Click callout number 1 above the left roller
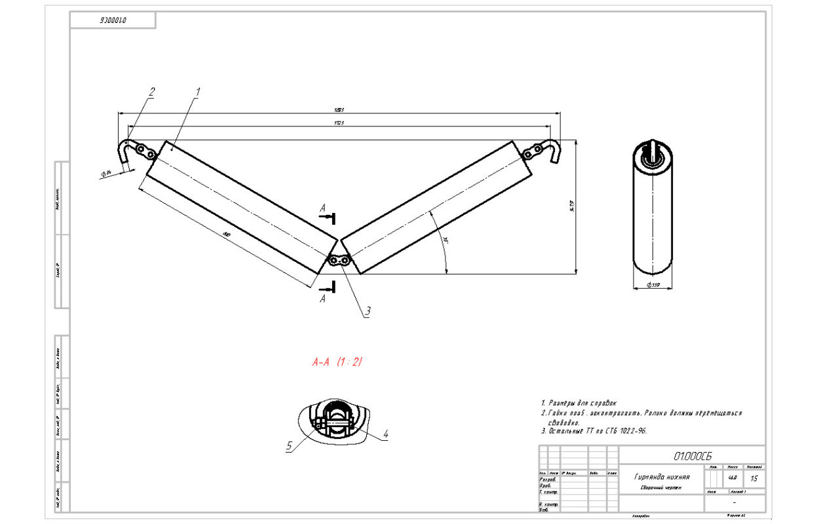pyautogui.click(x=198, y=92)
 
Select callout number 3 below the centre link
pyautogui.click(x=368, y=312)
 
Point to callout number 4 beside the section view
pyautogui.click(x=386, y=434)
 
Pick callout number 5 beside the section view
pyautogui.click(x=288, y=446)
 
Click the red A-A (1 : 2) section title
pyautogui.click(x=337, y=362)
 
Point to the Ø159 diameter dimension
pyautogui.click(x=653, y=285)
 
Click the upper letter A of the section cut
pyautogui.click(x=322, y=208)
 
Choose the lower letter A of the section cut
pyautogui.click(x=322, y=299)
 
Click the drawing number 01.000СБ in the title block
pyautogui.click(x=692, y=455)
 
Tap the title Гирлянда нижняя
pyautogui.click(x=661, y=477)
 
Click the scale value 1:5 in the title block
pyautogui.click(x=754, y=479)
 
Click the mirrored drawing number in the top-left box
pyautogui.click(x=113, y=20)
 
